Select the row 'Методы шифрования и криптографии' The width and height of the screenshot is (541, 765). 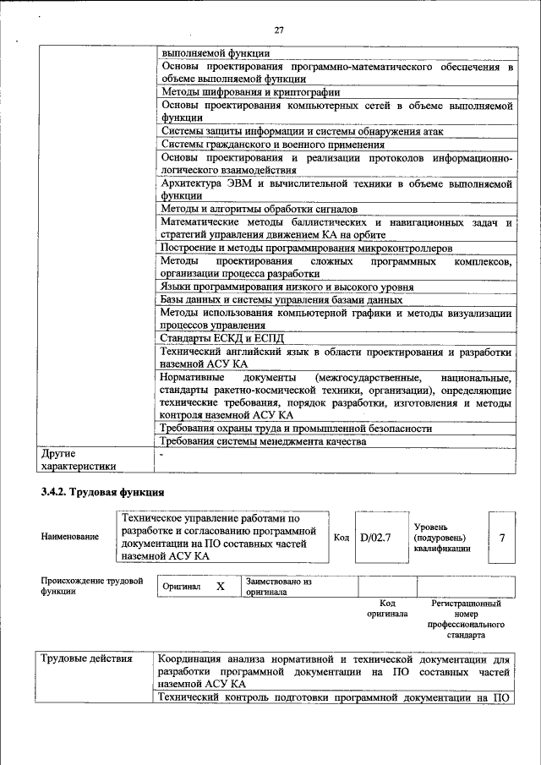[250, 92]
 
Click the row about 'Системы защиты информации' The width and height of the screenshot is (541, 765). [302, 131]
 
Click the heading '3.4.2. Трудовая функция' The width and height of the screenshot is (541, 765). [102, 492]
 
